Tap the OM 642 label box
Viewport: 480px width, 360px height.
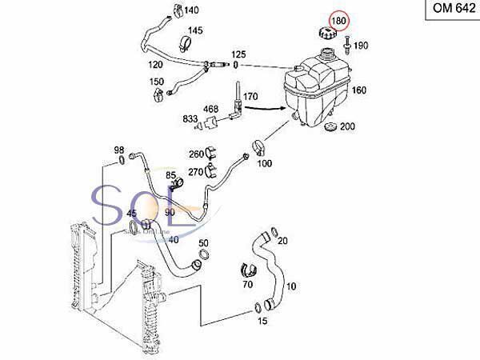click(449, 11)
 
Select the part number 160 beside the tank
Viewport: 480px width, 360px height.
click(359, 90)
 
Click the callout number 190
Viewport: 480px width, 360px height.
click(360, 46)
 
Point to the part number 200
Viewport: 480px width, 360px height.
click(347, 126)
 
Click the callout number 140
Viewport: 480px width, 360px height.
click(191, 10)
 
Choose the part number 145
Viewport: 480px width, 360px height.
click(194, 31)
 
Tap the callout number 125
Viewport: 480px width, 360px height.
click(239, 54)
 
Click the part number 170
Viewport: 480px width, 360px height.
click(250, 97)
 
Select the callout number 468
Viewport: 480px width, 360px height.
click(210, 109)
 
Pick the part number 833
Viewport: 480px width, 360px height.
click(190, 118)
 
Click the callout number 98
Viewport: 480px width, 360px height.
click(118, 150)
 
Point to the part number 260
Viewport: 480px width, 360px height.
click(197, 154)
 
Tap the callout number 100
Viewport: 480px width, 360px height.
click(265, 163)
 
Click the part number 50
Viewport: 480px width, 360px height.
click(204, 243)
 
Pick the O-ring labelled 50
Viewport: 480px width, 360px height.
click(203, 256)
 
